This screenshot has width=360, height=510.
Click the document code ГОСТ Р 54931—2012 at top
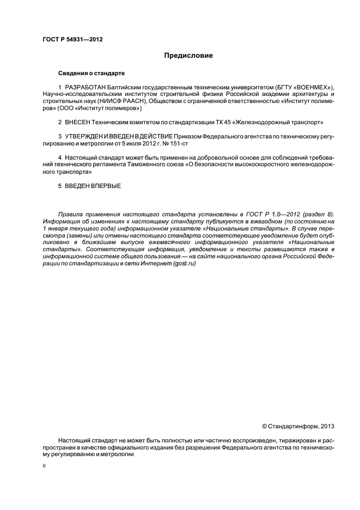pos(72,40)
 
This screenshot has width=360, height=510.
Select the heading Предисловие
pos(188,56)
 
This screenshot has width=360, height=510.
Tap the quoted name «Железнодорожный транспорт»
pos(277,122)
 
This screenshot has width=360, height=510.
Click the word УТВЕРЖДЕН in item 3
pos(84,136)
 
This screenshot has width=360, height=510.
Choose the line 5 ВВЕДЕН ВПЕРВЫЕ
pos(89,186)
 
